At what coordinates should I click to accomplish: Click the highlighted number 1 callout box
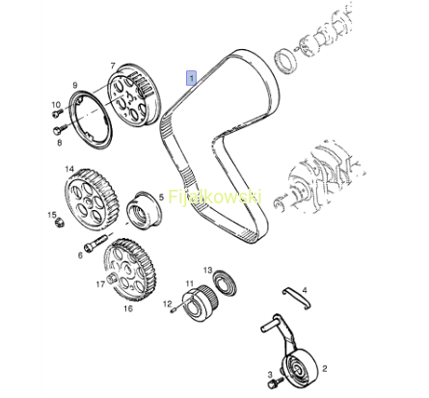pos(191,78)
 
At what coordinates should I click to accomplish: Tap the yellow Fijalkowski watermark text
pos(215,197)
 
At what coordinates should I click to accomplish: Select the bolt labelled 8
pos(60,129)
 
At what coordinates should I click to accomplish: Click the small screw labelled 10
pos(58,112)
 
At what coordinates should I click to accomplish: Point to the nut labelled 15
pos(59,223)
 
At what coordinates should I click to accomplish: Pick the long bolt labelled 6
pos(95,243)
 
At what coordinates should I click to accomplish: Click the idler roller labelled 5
pos(144,208)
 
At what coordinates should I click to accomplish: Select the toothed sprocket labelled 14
pos(92,199)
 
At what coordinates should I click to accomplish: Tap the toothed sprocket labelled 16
pos(131,269)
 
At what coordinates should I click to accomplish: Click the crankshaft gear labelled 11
pos(200,304)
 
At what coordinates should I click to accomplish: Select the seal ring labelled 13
pos(225,283)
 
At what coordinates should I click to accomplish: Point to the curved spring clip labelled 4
pos(297,298)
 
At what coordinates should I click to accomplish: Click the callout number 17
pos(100,284)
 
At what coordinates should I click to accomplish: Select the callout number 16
pos(128,308)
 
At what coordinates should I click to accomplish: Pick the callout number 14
pos(69,170)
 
